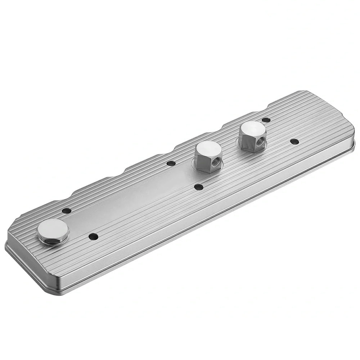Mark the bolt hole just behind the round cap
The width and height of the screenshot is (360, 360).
click(66, 211)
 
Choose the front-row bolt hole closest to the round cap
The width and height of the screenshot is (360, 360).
click(93, 237)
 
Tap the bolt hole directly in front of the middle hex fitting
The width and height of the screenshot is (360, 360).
click(198, 187)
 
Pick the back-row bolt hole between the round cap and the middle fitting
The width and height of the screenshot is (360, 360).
click(171, 163)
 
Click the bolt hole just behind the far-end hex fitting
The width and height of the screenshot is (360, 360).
click(266, 120)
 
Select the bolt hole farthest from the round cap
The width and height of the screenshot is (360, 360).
click(294, 141)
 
